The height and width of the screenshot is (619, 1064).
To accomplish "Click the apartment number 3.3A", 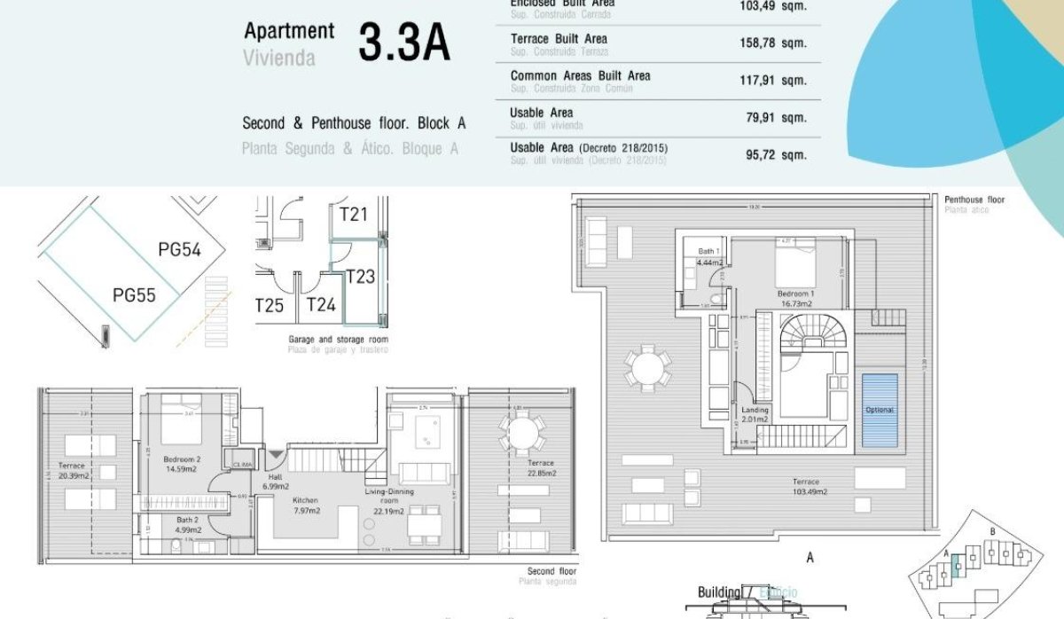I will point(403,43).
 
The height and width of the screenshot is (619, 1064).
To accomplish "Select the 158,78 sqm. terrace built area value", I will point(773,43).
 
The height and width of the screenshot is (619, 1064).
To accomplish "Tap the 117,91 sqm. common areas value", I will point(773,81).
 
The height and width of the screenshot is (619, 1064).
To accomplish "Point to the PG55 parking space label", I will point(134,294).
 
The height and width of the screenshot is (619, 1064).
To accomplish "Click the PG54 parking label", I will point(179,250).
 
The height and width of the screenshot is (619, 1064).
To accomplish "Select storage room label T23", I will point(360,277).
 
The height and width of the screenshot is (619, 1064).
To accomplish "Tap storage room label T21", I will point(353,214).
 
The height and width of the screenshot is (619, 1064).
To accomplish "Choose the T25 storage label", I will point(269,306).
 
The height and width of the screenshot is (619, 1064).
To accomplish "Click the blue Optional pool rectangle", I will point(880,410).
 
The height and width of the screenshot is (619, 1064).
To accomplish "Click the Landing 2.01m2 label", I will point(755,415).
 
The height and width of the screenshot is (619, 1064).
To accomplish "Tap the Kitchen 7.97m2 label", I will point(306,505).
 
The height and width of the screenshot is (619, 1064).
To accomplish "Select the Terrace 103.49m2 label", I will point(810,486).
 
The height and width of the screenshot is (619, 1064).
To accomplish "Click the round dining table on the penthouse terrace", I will point(646,366).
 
